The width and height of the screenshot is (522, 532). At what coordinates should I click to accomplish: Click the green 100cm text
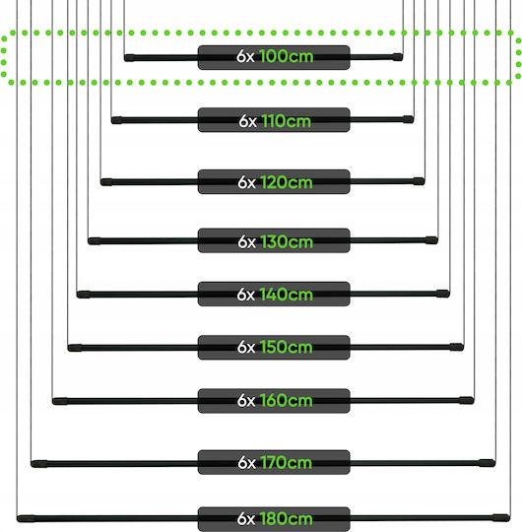click(287, 56)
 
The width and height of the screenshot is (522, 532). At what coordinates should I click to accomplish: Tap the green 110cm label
click(287, 121)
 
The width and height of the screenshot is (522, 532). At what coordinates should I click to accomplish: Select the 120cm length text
click(287, 182)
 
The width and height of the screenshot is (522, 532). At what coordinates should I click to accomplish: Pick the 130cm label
click(287, 242)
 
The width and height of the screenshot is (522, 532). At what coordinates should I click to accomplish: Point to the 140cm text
click(287, 295)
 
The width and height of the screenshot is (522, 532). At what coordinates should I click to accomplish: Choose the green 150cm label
click(287, 348)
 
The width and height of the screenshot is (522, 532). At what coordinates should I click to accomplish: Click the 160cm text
click(287, 401)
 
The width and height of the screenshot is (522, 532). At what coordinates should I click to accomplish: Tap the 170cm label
click(287, 463)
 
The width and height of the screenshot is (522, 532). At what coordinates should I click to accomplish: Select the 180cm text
click(287, 519)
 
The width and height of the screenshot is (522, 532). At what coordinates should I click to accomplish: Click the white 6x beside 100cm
click(245, 56)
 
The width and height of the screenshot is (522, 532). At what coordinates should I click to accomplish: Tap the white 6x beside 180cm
click(246, 519)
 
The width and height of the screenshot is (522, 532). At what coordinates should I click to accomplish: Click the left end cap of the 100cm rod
click(129, 58)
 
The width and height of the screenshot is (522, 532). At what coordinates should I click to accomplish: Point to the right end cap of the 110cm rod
click(409, 119)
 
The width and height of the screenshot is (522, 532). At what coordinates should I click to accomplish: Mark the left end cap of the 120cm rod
click(106, 182)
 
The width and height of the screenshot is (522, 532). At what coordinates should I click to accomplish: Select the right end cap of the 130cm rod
click(431, 240)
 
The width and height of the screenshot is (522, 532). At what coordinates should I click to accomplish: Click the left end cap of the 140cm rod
click(84, 295)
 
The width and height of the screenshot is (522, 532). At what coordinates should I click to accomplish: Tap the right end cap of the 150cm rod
click(457, 347)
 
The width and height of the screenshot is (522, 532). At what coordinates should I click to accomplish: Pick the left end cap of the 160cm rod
click(60, 401)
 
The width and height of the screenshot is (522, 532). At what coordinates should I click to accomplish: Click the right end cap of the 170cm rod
click(488, 463)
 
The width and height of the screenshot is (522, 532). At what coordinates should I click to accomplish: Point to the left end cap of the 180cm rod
click(27, 518)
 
